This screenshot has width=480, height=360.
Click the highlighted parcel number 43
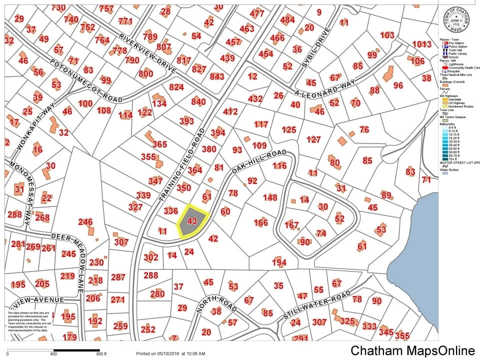click(x=191, y=220)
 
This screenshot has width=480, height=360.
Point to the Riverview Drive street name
click(x=147, y=54)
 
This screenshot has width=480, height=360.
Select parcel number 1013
click(x=421, y=44)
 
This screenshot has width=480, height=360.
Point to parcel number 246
click(x=85, y=222)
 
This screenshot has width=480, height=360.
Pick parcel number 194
click(x=279, y=262)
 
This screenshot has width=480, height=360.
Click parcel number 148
click(x=269, y=197)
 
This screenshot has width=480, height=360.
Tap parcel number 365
click(x=159, y=144)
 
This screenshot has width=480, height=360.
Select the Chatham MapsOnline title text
click(x=412, y=350)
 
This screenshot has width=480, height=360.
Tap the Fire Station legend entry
click(x=456, y=43)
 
